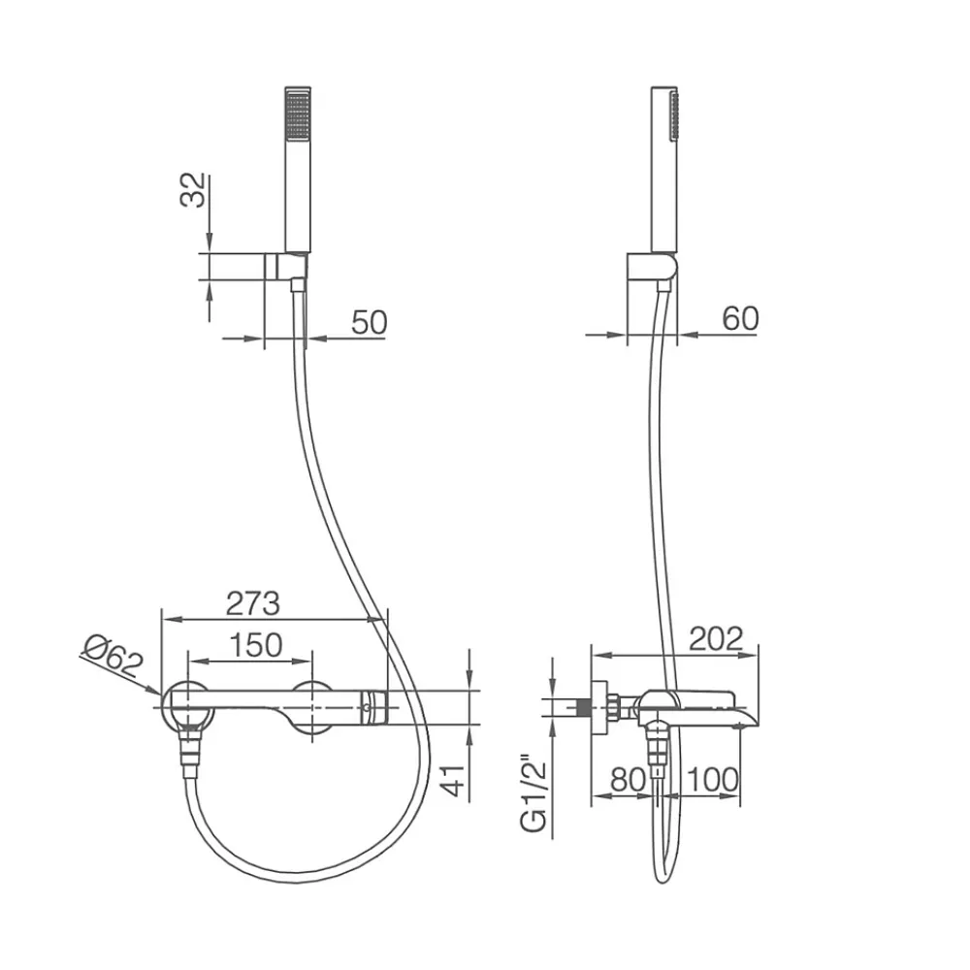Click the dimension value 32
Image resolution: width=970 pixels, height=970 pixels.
click(x=192, y=190)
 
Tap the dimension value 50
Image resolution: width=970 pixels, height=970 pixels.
click(x=370, y=322)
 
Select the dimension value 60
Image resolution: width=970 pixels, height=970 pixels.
click(x=740, y=318)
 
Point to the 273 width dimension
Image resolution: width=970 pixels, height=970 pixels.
click(x=253, y=603)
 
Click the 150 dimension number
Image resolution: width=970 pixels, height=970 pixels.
click(x=256, y=645)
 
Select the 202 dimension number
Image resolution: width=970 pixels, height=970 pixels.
click(x=717, y=639)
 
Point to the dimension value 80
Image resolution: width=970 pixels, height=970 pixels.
click(x=628, y=780)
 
